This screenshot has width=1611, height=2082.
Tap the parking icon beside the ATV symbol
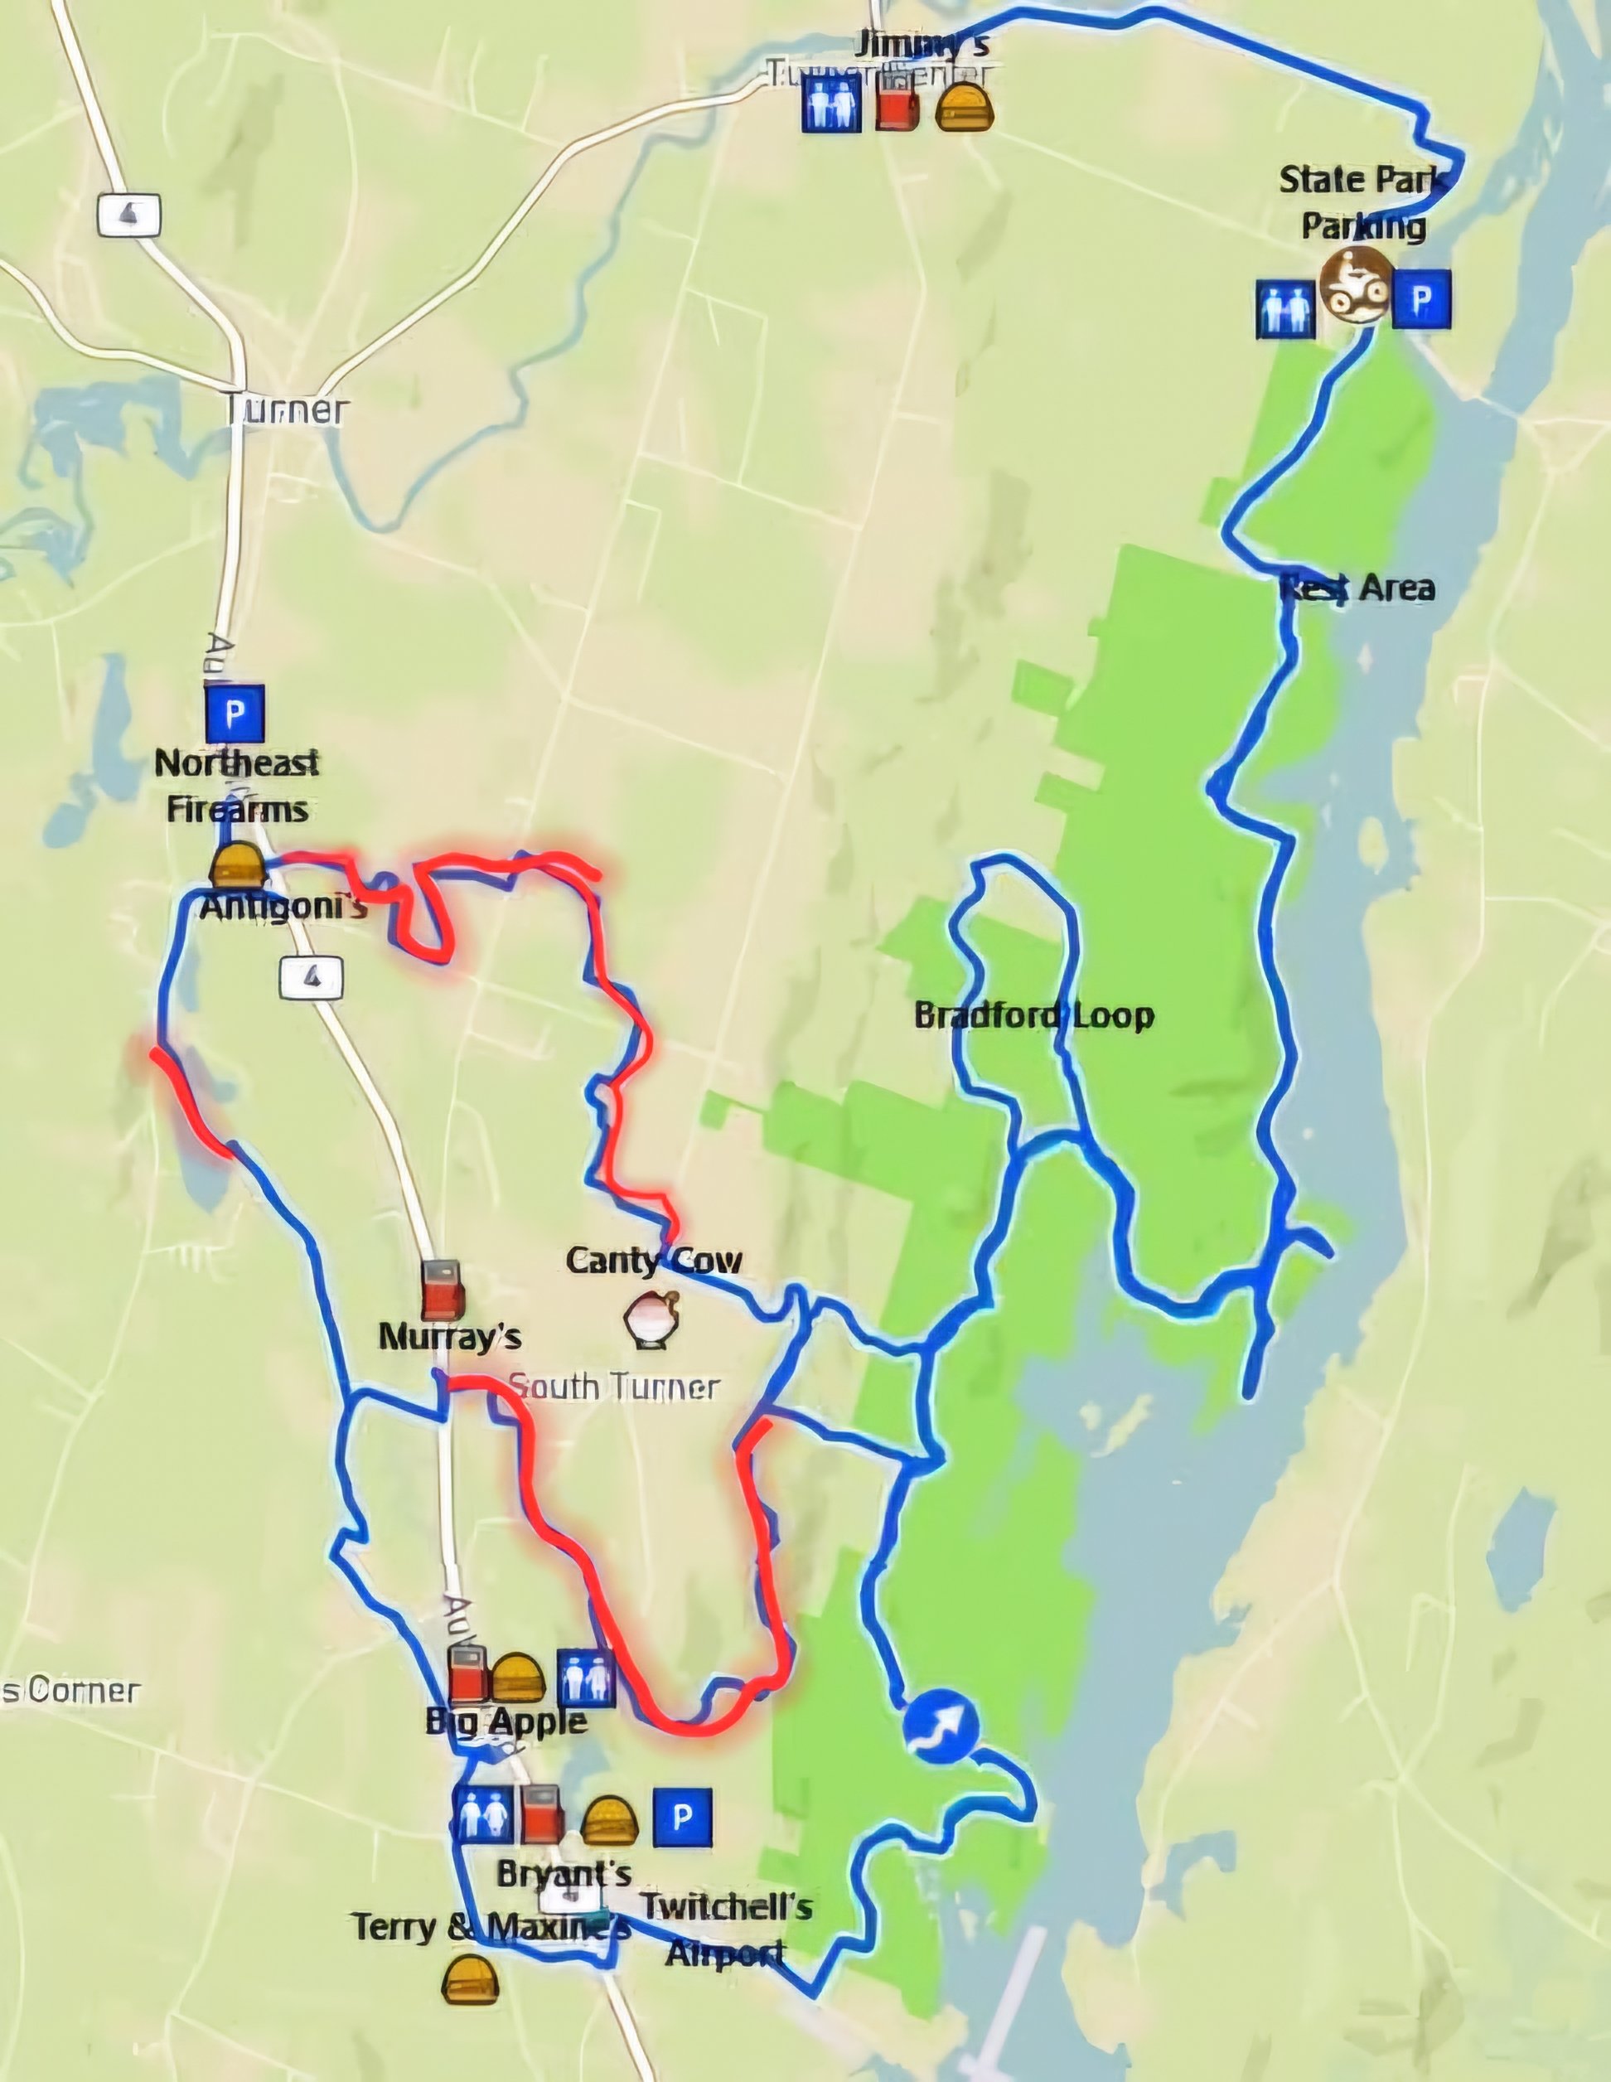tap(1421, 298)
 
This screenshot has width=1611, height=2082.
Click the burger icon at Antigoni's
tap(236, 865)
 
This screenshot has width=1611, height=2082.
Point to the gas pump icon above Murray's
tap(443, 1290)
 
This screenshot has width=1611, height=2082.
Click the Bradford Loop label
tap(1033, 1015)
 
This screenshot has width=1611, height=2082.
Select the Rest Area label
tap(1357, 588)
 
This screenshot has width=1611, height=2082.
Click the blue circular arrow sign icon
tap(940, 1726)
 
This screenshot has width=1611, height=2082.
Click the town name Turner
tap(287, 410)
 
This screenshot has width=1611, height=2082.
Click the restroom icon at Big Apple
tap(585, 1678)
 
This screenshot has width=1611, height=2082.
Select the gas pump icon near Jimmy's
tap(897, 104)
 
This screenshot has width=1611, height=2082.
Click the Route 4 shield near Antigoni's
tap(312, 977)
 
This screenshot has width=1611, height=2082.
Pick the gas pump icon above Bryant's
tap(541, 1814)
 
